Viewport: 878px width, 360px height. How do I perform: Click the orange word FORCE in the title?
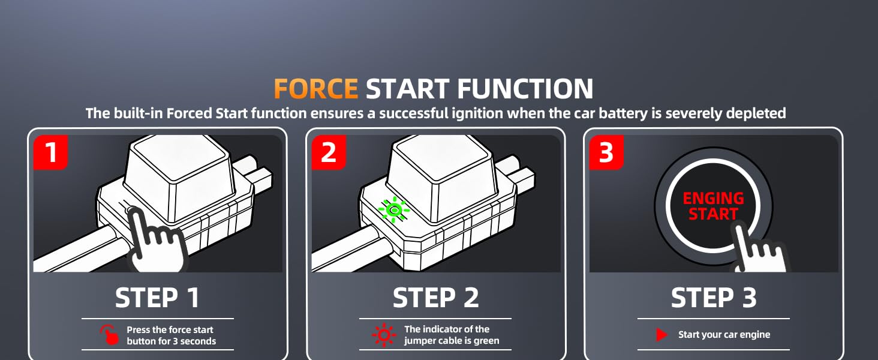click(x=316, y=89)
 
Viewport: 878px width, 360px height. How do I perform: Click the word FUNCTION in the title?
click(x=525, y=89)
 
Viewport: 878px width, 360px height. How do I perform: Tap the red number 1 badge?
click(x=51, y=152)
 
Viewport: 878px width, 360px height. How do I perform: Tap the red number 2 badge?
click(x=328, y=152)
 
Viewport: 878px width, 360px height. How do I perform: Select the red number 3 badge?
click(x=606, y=152)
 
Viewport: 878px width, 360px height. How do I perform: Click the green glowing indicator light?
click(x=394, y=209)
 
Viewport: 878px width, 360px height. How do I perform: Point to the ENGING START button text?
click(x=713, y=206)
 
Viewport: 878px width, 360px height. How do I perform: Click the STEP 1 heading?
click(x=157, y=298)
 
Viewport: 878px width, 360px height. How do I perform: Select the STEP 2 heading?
click(x=435, y=298)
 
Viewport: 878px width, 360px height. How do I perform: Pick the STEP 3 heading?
click(x=713, y=298)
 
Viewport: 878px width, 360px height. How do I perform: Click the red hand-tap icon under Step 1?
click(x=109, y=335)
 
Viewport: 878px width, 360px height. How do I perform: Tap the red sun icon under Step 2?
click(x=383, y=335)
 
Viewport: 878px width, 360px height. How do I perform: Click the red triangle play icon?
click(x=662, y=335)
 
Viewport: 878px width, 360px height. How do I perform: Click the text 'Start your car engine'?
click(x=724, y=335)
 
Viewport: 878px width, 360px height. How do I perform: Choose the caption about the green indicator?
click(x=451, y=335)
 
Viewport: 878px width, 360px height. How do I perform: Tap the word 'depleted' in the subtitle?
click(x=756, y=113)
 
